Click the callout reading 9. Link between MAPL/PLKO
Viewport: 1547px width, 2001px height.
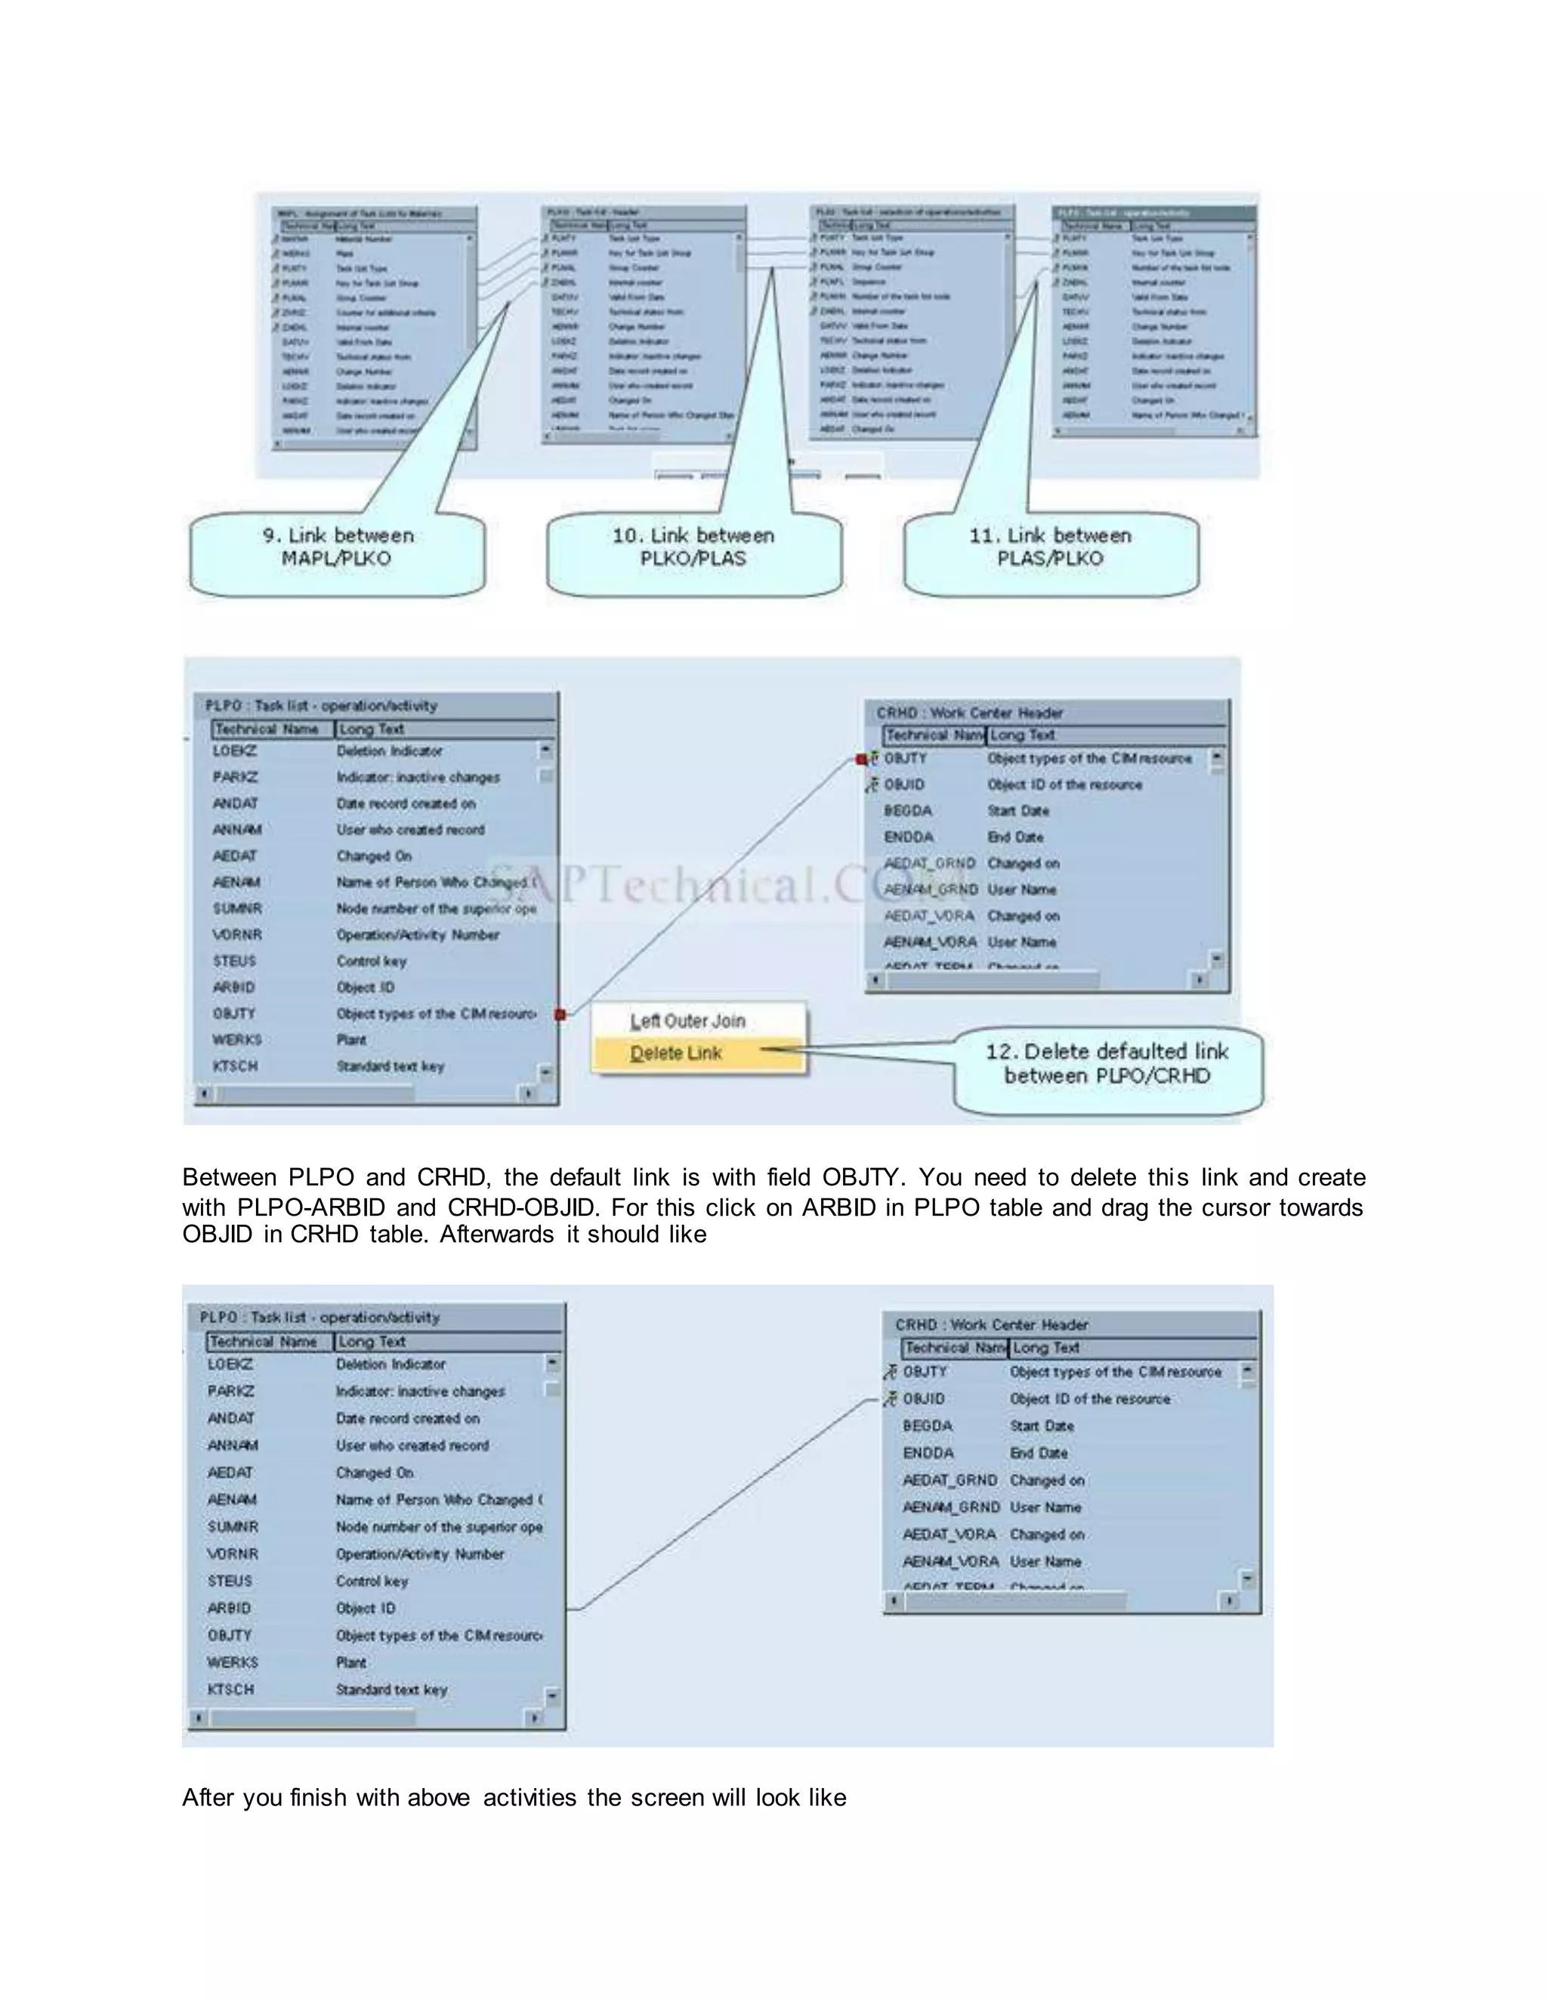(x=337, y=548)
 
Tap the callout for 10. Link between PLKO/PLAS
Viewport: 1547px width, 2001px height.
(x=693, y=548)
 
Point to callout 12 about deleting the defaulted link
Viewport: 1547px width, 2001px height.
(x=1107, y=1065)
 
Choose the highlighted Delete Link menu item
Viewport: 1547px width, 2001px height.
(x=676, y=1053)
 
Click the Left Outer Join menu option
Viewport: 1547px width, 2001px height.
(x=687, y=1021)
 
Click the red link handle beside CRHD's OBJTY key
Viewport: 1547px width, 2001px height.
(x=861, y=760)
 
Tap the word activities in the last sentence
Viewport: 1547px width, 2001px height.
(x=532, y=1798)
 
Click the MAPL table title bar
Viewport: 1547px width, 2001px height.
(x=375, y=214)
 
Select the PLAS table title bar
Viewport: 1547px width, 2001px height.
(x=911, y=211)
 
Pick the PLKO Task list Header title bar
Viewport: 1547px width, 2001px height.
(x=644, y=211)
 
